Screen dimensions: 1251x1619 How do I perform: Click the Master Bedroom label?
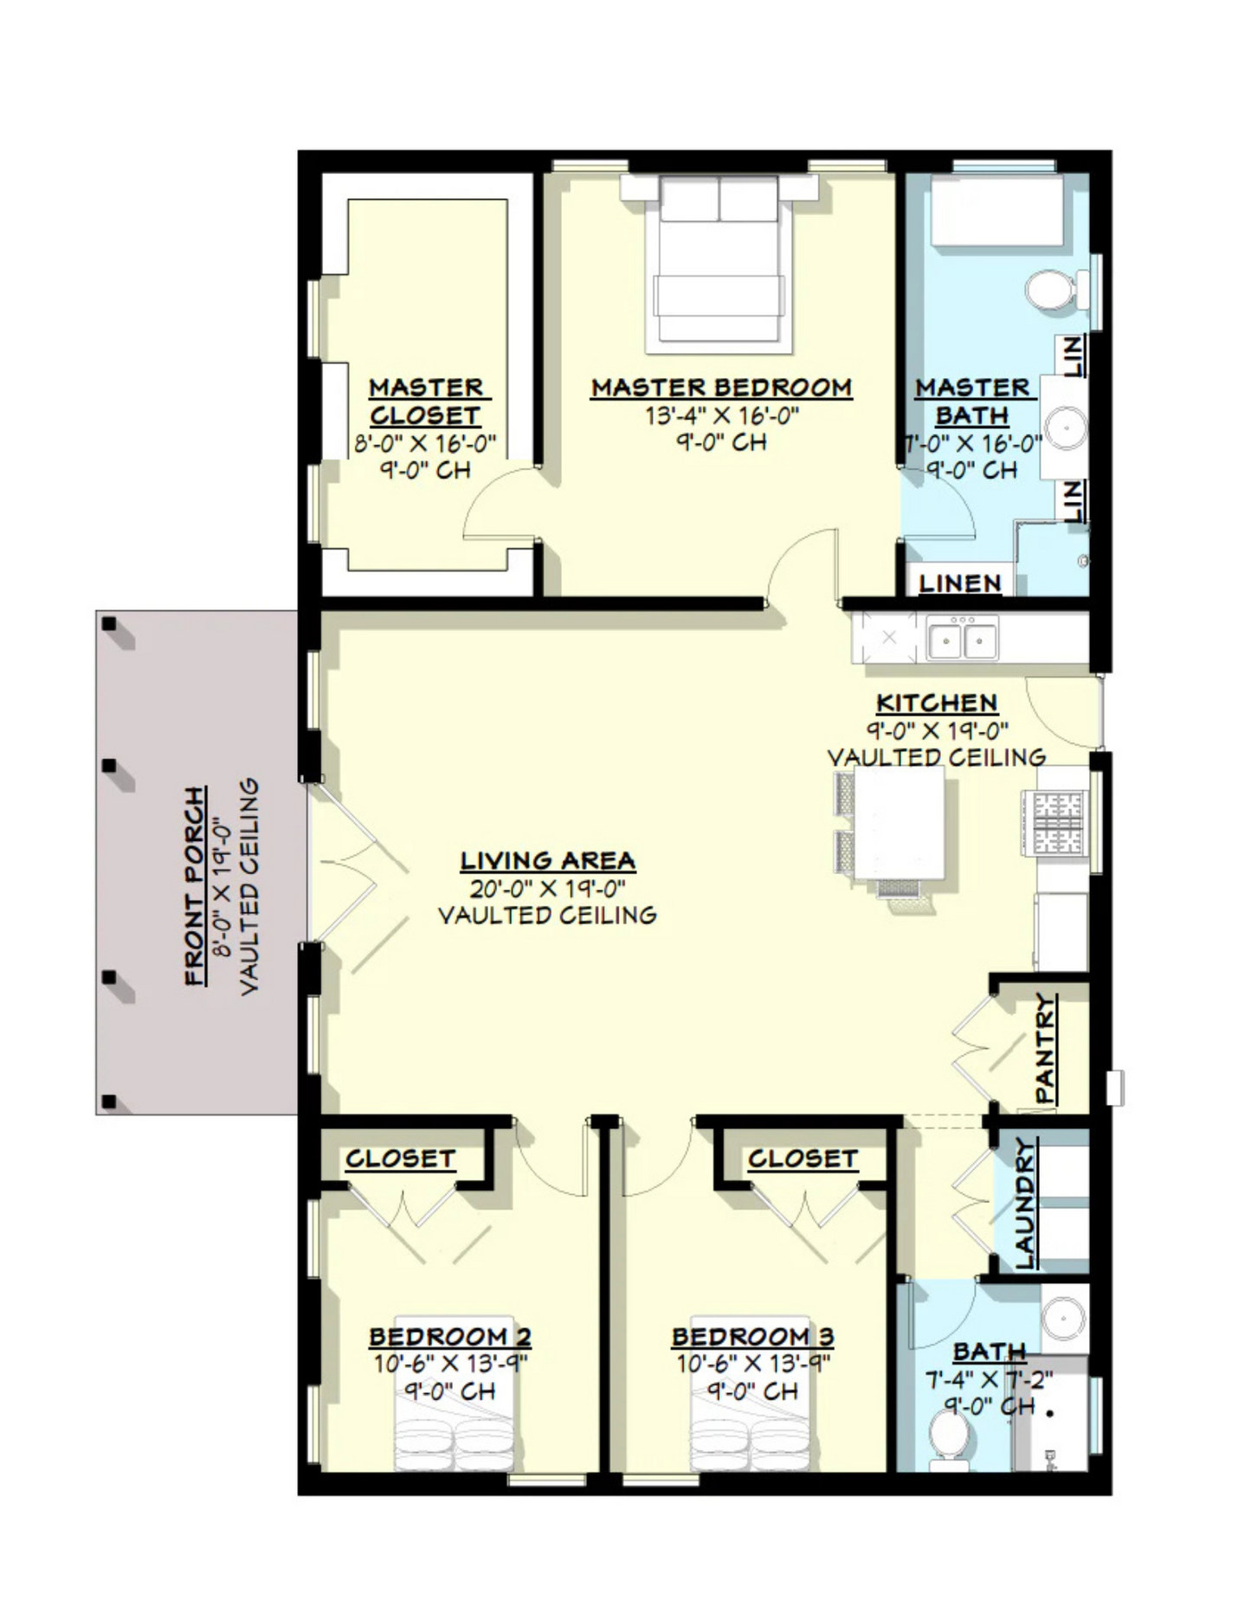click(x=721, y=388)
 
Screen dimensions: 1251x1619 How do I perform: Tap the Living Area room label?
click(x=548, y=861)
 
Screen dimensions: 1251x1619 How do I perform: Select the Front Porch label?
click(x=197, y=886)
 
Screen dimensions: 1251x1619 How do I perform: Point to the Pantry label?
click(x=1046, y=1048)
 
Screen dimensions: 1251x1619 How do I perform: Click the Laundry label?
click(x=1024, y=1204)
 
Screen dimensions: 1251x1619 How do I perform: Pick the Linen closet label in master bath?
click(x=960, y=583)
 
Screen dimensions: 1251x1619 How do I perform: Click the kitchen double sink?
click(x=962, y=639)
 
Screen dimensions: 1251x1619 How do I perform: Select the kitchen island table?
click(x=900, y=822)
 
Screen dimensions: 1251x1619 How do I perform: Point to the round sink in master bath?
click(x=1064, y=427)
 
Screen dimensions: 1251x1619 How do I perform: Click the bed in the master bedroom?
click(x=719, y=263)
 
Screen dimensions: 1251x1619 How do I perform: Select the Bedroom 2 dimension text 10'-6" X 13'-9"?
click(x=450, y=1365)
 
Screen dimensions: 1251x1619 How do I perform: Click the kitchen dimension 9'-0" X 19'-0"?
click(x=937, y=730)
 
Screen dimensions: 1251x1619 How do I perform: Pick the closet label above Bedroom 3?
click(x=803, y=1159)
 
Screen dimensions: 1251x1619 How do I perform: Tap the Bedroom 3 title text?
click(x=752, y=1337)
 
